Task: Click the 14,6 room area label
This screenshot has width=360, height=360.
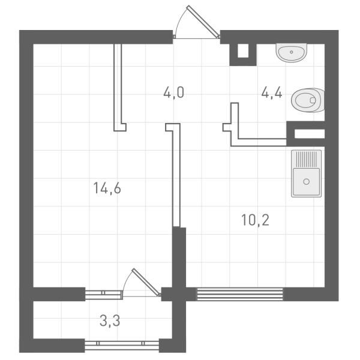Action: pyautogui.click(x=107, y=188)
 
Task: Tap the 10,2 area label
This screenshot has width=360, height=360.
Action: pyautogui.click(x=255, y=220)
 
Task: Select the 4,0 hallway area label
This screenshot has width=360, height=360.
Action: pyautogui.click(x=174, y=93)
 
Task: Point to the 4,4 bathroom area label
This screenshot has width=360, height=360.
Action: pyautogui.click(x=272, y=93)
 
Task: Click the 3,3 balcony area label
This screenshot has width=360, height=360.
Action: pyautogui.click(x=110, y=320)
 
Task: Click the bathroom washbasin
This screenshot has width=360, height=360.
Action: pyautogui.click(x=292, y=53)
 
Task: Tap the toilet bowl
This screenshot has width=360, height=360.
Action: pyautogui.click(x=308, y=100)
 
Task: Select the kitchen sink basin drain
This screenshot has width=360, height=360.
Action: pyautogui.click(x=306, y=182)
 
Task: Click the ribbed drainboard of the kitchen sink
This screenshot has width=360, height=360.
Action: pyautogui.click(x=306, y=158)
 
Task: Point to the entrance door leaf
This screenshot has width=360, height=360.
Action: pyautogui.click(x=203, y=21)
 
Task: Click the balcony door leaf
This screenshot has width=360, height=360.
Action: pyautogui.click(x=146, y=282)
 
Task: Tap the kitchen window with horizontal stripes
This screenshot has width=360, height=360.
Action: pyautogui.click(x=240, y=294)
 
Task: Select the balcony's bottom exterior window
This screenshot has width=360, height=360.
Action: pyautogui.click(x=122, y=346)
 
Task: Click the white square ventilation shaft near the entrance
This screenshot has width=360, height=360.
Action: pyautogui.click(x=243, y=51)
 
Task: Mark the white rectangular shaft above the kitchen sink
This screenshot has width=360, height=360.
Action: pyautogui.click(x=310, y=134)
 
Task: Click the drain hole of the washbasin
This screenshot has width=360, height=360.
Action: pyautogui.click(x=292, y=52)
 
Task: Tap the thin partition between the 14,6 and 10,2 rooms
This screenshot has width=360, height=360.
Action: pyautogui.click(x=176, y=175)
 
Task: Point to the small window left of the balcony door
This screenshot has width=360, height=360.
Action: pyautogui.click(x=103, y=295)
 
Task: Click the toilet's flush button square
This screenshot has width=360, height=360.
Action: pyautogui.click(x=313, y=100)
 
